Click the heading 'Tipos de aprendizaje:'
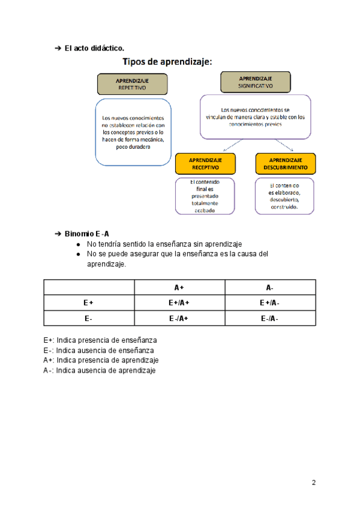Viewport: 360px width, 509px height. (x=169, y=61)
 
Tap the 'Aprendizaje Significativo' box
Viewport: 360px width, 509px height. (x=256, y=82)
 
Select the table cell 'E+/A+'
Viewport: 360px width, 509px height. (x=179, y=303)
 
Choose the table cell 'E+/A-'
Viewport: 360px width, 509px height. (x=269, y=303)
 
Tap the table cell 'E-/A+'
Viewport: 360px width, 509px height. (x=179, y=319)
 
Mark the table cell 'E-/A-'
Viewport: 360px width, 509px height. (x=269, y=319)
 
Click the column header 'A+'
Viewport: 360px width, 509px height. (x=179, y=288)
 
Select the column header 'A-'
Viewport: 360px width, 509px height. (x=269, y=288)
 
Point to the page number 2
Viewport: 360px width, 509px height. (x=314, y=483)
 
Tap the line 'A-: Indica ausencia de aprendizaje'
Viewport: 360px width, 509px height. (x=99, y=370)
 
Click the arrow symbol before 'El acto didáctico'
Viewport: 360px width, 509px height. (x=58, y=48)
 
